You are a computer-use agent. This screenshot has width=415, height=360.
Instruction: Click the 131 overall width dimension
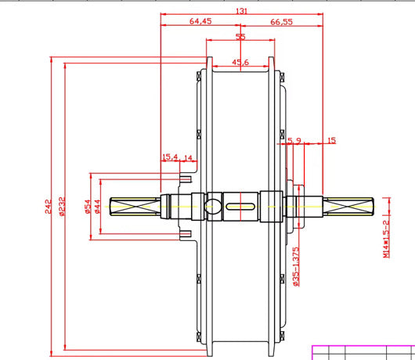(241, 10)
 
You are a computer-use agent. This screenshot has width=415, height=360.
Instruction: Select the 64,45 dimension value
(200, 22)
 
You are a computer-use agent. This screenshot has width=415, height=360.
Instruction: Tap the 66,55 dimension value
(282, 22)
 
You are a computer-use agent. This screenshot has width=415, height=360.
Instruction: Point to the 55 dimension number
(240, 37)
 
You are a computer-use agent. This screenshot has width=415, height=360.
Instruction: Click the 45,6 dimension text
(240, 62)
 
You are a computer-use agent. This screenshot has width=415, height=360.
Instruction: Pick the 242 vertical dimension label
(49, 206)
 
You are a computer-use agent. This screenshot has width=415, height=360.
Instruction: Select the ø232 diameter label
(63, 206)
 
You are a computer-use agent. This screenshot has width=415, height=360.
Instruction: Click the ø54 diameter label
(88, 205)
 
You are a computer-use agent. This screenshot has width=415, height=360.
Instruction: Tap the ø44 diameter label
(98, 205)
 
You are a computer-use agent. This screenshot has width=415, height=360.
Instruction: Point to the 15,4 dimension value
(170, 157)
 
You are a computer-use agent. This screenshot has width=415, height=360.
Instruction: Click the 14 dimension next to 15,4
(188, 157)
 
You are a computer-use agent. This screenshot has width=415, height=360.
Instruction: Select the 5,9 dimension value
(294, 141)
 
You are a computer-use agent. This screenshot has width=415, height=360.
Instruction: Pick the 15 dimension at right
(331, 141)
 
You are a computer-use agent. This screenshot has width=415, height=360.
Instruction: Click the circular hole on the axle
(214, 207)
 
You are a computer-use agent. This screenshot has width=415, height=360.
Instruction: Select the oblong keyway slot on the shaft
(241, 207)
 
